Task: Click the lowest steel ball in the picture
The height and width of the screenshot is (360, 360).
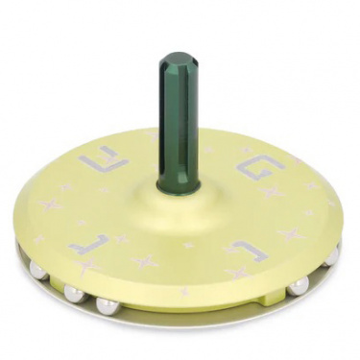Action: [107, 306]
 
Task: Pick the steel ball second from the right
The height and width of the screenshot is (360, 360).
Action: [299, 285]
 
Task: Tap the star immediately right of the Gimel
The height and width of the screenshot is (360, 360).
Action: [145, 260]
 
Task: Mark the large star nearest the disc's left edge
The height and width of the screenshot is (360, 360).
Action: [51, 205]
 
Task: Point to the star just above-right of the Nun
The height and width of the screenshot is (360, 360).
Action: [290, 234]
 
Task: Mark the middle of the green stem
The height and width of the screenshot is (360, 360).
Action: [179, 120]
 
